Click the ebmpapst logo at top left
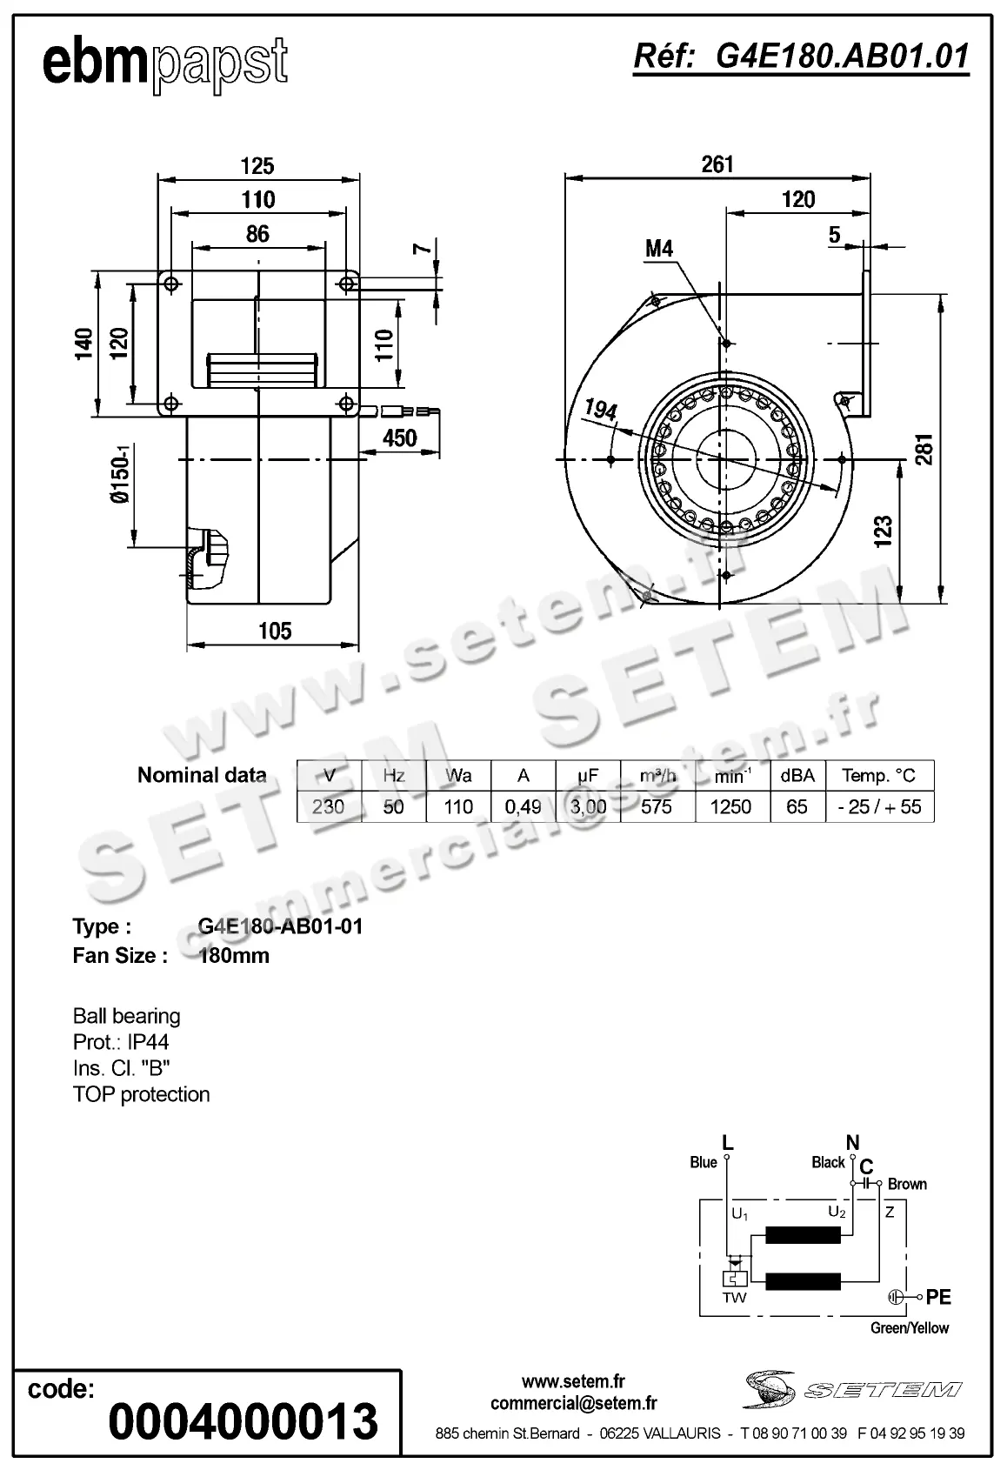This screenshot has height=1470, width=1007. point(164,63)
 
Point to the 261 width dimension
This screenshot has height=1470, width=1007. point(717,164)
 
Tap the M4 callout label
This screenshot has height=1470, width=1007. point(659,249)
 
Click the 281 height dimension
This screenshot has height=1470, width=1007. point(924,449)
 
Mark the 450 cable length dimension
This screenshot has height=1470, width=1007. point(400,438)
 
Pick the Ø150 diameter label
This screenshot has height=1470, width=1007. point(120,474)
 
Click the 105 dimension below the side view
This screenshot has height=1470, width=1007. point(275,631)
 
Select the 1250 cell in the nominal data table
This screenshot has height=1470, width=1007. point(730,806)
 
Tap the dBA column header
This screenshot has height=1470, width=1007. point(797,775)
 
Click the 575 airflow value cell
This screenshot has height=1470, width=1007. point(657,806)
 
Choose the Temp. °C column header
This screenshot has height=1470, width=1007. point(878,775)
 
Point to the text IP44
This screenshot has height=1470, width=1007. point(147,1042)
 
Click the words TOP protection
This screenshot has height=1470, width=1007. point(142,1094)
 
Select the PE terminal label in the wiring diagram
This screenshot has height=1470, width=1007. point(938,1297)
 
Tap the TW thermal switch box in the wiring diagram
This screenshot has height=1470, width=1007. point(735,1280)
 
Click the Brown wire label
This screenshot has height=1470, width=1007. point(907,1184)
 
